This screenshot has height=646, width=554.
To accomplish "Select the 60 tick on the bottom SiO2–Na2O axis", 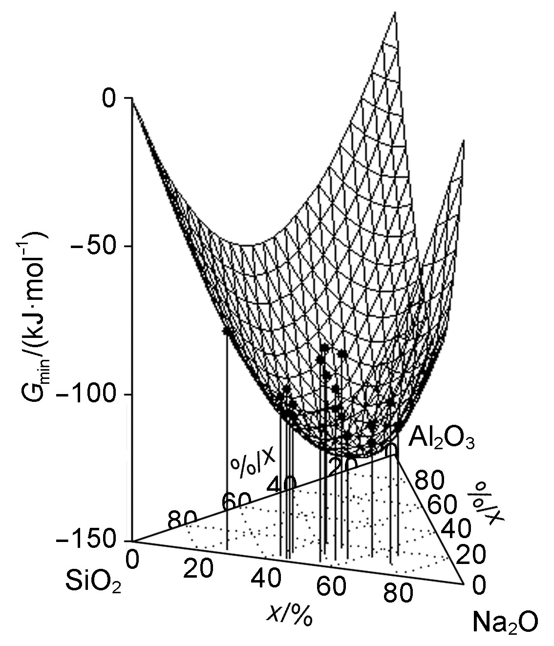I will tap(331, 587).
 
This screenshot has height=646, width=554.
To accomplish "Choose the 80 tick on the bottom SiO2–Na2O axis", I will tap(397, 595).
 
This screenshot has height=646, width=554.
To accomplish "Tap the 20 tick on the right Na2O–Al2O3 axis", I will tap(471, 555).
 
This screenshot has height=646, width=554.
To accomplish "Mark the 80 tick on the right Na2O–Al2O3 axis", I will tap(429, 481).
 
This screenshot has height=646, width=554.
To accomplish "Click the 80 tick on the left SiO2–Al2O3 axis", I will tap(182, 521).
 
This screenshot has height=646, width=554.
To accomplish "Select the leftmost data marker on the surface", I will tap(226, 332).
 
